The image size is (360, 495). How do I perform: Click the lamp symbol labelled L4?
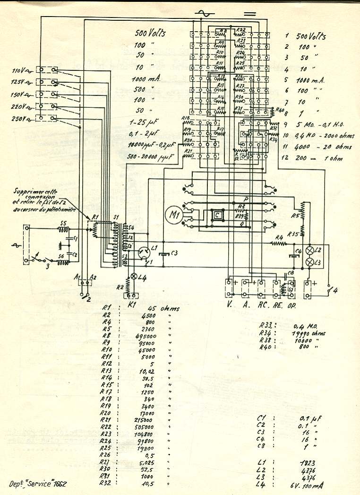coord(134,276)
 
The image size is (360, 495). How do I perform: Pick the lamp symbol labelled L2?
coord(310,251)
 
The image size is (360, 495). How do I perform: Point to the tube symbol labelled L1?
coord(141,254)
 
